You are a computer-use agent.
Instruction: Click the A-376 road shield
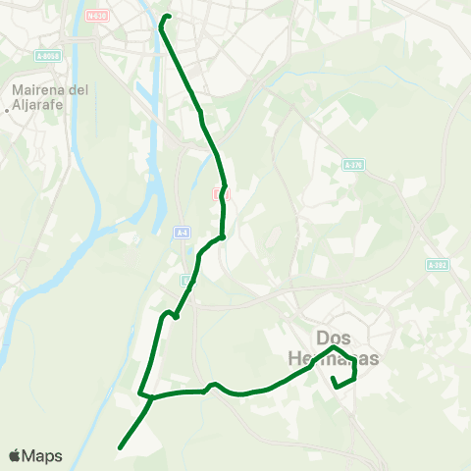pos(353,166)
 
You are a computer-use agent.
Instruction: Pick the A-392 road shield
pos(437,265)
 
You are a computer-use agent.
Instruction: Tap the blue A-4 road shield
pos(183,233)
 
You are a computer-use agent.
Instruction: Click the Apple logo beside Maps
pos(15,455)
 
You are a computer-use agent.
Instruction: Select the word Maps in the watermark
pos(42,455)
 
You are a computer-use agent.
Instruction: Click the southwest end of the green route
pos(120,447)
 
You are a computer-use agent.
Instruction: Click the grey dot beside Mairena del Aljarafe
pos(7,110)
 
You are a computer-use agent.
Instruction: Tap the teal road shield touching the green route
pos(186,282)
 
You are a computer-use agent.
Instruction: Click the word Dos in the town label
pos(335,335)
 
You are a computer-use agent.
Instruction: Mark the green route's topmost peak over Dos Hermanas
pos(335,347)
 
